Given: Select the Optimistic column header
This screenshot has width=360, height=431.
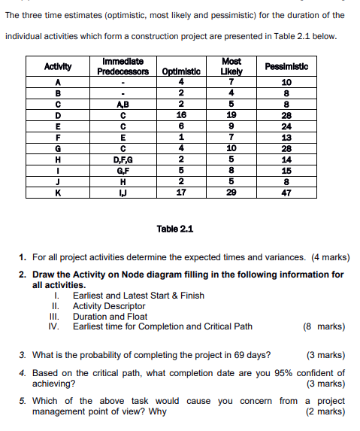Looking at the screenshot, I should pyautogui.click(x=181, y=72).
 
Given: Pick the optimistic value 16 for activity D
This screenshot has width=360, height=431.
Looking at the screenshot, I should pyautogui.click(x=181, y=115).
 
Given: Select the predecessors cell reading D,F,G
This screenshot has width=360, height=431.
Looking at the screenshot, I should pyautogui.click(x=122, y=159).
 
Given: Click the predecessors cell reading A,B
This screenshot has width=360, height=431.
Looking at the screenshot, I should pyautogui.click(x=122, y=105).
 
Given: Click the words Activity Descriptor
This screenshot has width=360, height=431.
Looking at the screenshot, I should pyautogui.click(x=109, y=306).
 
